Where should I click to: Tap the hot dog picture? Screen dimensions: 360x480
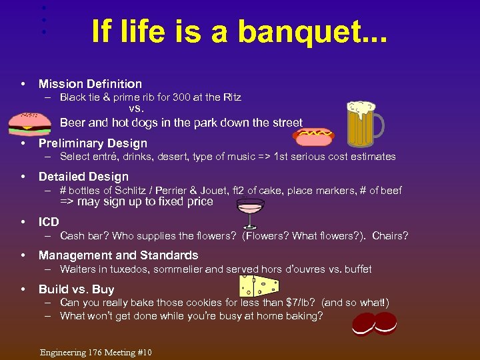pos(314,136)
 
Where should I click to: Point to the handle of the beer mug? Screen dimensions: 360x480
pos(379,127)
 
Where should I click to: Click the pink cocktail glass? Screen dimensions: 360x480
pos(251,214)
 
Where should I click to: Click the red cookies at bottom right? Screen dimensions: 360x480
pos(374,324)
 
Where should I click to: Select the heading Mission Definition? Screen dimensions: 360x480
pos(90,84)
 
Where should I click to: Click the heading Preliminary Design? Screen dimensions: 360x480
pos(93,143)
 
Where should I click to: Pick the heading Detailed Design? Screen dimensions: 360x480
pos(83,177)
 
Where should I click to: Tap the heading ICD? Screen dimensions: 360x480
pos(49,222)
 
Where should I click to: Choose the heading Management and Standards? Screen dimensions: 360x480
pos(118,255)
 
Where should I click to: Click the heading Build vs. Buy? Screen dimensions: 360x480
pos(76,289)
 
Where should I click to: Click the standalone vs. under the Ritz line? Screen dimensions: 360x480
pos(136,108)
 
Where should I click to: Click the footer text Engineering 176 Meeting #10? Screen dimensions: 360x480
pos(96,352)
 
